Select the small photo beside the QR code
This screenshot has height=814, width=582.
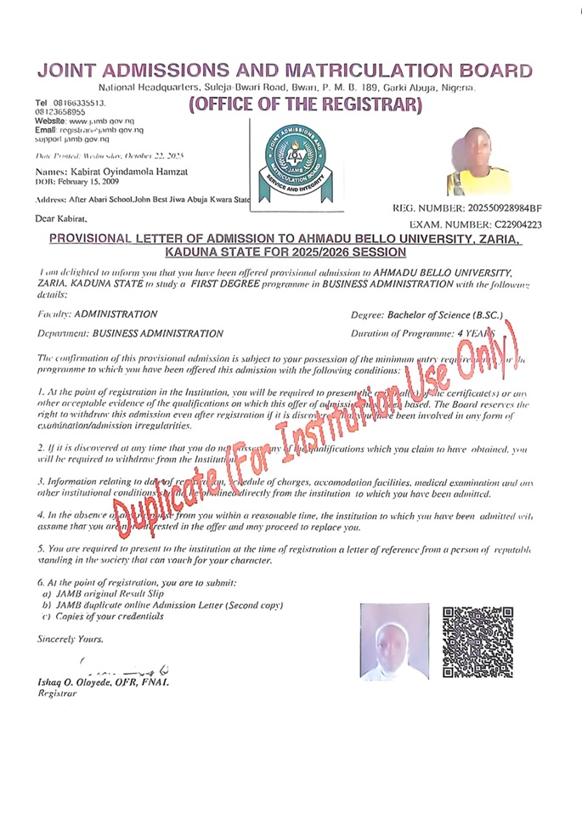pyautogui.click(x=393, y=640)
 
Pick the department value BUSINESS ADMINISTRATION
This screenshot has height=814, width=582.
pyautogui.click(x=158, y=334)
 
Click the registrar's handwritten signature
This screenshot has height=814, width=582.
pyautogui.click(x=127, y=668)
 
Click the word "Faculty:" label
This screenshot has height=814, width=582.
pyautogui.click(x=54, y=314)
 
